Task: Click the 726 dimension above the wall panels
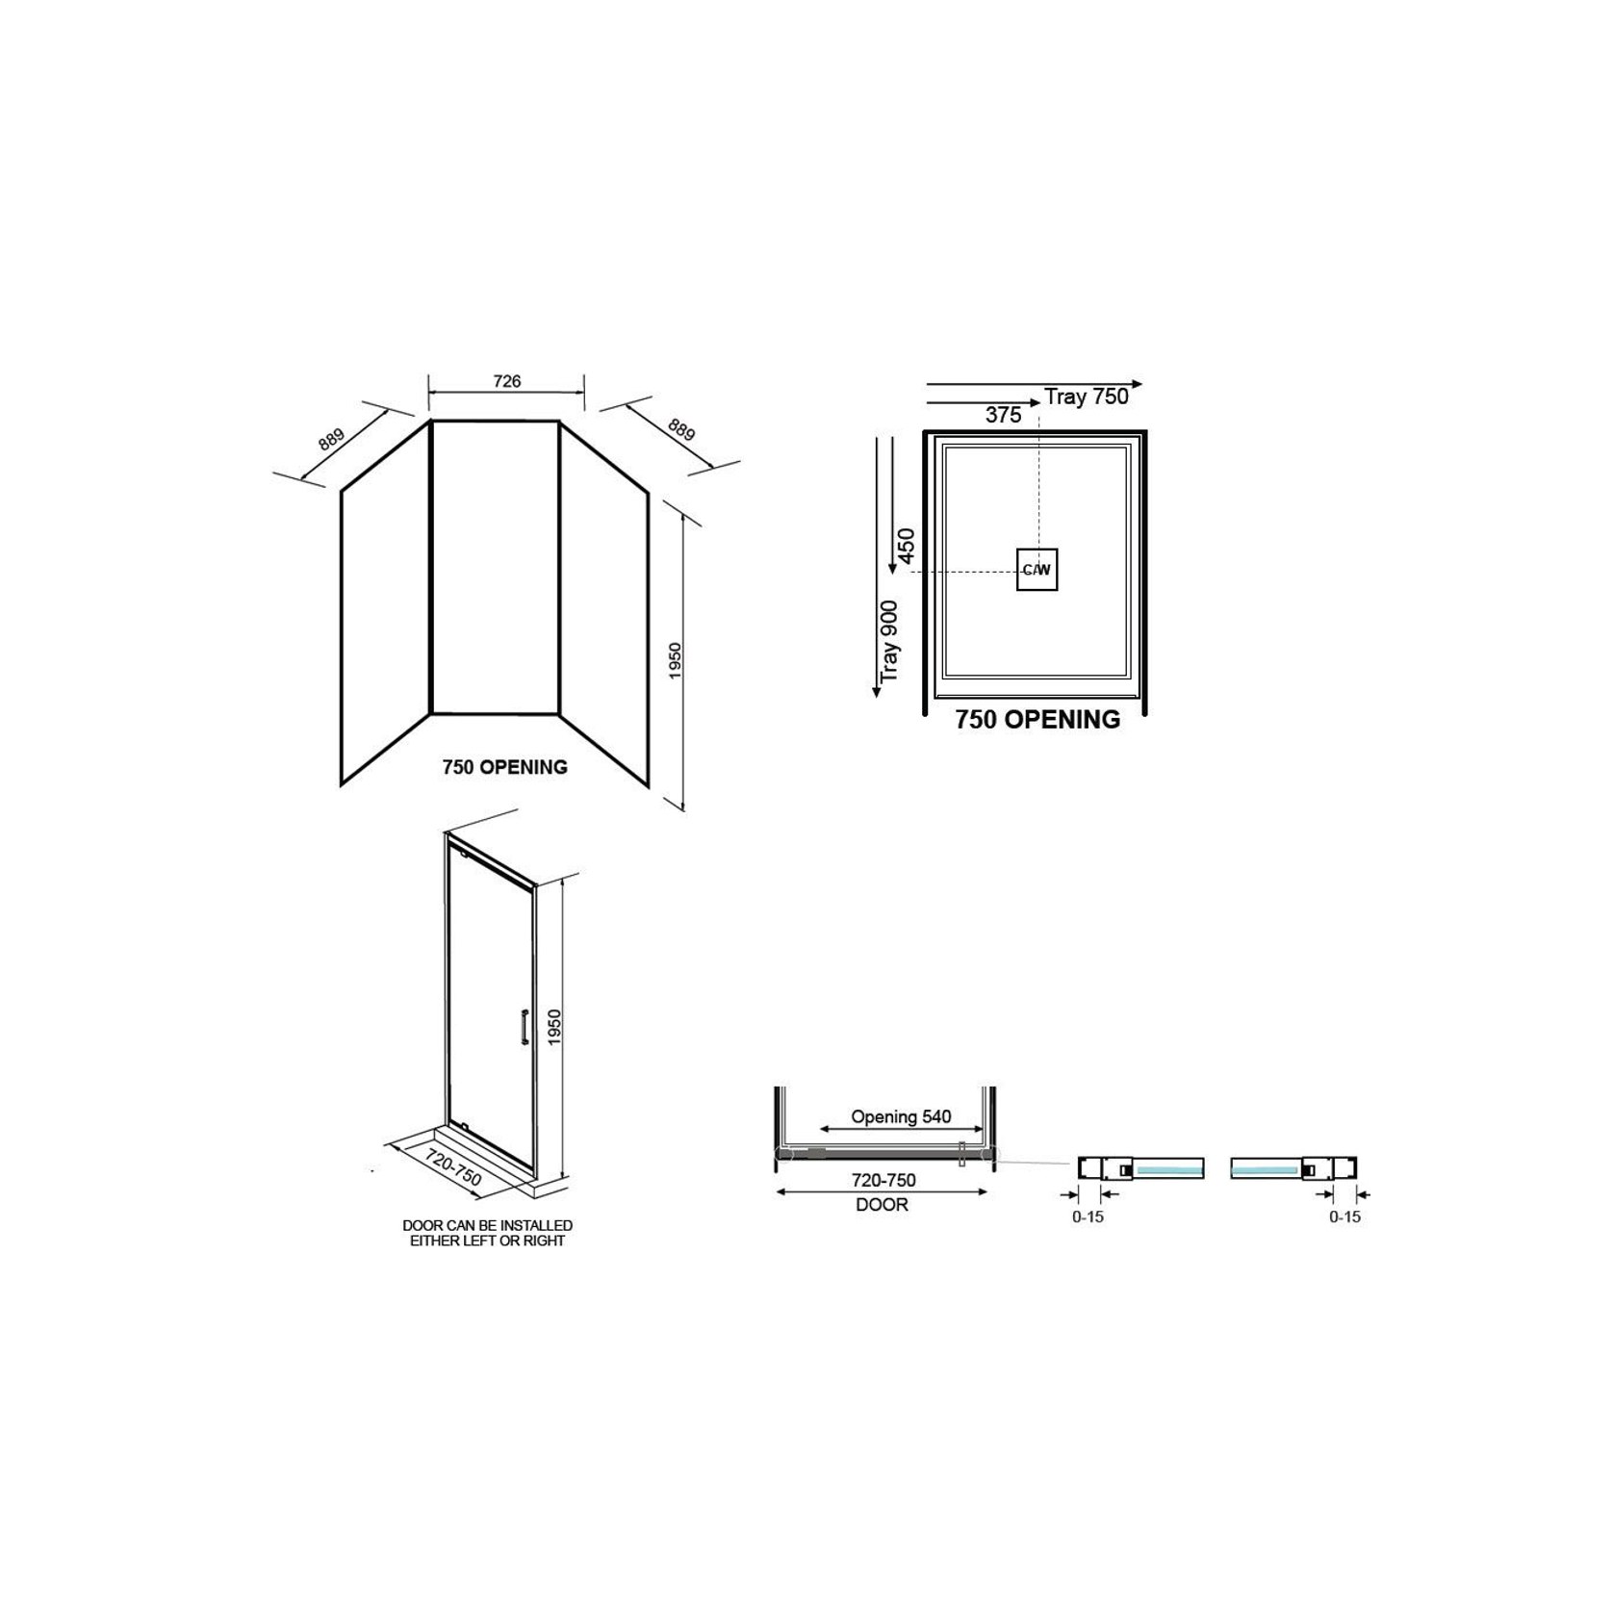click(506, 381)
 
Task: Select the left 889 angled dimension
click(330, 440)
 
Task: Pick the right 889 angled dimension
click(681, 429)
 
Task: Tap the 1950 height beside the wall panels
click(675, 660)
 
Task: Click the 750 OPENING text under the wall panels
click(504, 767)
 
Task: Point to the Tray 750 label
click(1087, 397)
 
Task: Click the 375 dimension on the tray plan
click(1003, 415)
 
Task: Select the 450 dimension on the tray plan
click(906, 546)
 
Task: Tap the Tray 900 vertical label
click(889, 641)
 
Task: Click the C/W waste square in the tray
click(1037, 570)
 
